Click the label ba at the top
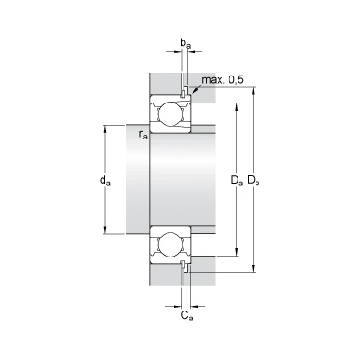point(185,43)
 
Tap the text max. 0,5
point(222,80)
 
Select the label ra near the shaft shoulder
point(143,135)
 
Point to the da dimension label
point(105,181)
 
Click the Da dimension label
point(237,181)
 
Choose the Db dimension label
point(254,181)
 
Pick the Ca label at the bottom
point(186,315)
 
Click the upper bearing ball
point(171,114)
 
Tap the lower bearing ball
point(171,245)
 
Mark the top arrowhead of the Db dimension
point(254,91)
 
